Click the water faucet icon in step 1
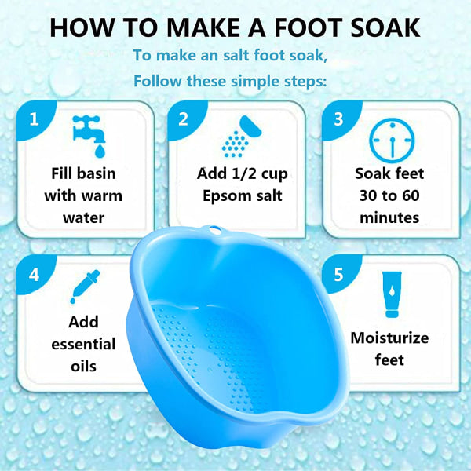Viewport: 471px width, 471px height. [x=89, y=136]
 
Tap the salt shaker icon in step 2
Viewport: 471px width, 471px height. [x=242, y=136]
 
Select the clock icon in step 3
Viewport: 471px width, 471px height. [x=392, y=141]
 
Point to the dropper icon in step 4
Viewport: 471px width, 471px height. [x=85, y=287]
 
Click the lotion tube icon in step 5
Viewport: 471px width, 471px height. [x=392, y=294]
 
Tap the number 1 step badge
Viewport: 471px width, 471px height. [x=35, y=120]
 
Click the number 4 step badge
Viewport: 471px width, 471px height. [x=35, y=274]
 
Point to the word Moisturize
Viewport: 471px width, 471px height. [x=389, y=338]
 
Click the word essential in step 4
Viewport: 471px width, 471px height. [x=83, y=345]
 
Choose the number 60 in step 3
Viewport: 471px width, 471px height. [x=411, y=195]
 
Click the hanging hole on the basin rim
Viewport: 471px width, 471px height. [x=215, y=230]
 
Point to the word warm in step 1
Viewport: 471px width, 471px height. [x=102, y=196]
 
